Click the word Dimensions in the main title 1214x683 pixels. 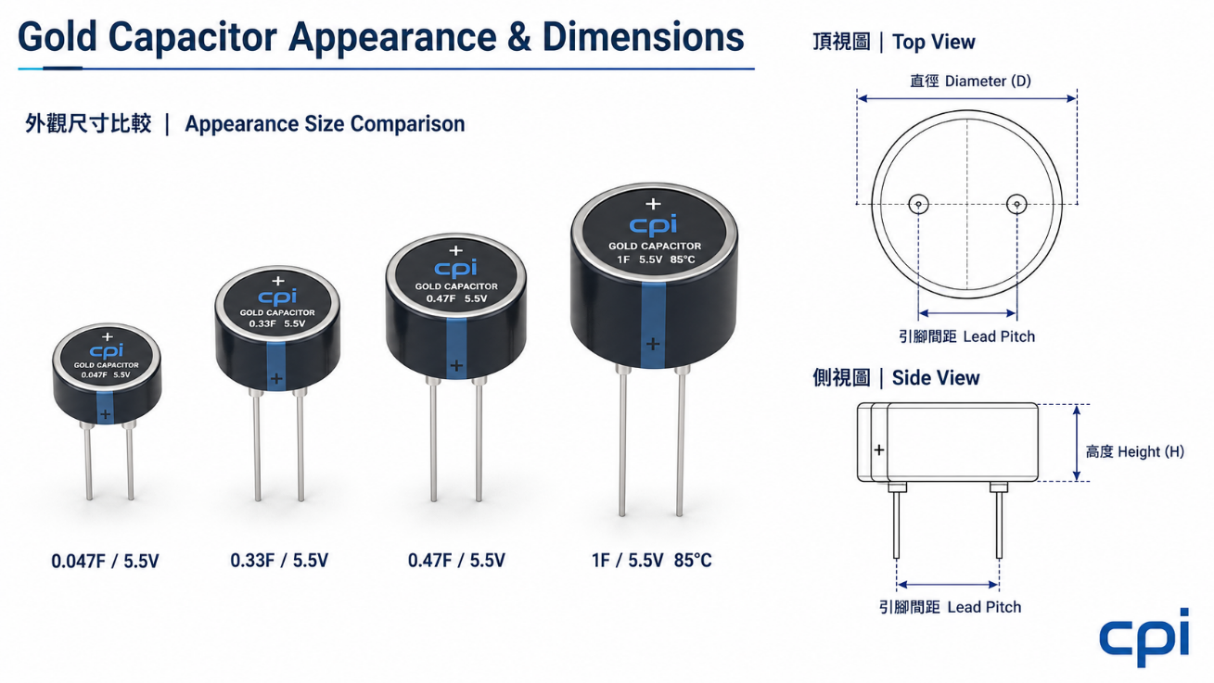pos(644,37)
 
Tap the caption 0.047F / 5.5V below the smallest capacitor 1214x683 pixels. pos(105,561)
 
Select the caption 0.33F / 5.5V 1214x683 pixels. pos(279,560)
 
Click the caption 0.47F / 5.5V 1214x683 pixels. pos(456,560)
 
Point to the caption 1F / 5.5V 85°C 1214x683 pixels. pos(651,560)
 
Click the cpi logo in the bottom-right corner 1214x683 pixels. pos(1144,638)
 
